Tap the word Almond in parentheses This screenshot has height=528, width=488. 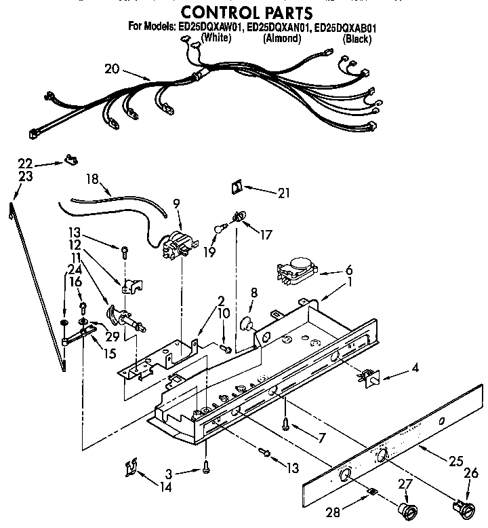coord(281,39)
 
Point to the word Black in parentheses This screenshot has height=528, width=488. coord(357,39)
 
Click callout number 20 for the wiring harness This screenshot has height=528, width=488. coord(113,68)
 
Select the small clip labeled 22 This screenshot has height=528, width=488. coord(69,160)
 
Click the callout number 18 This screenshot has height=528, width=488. coord(93,179)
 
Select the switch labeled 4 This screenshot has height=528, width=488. coord(369,375)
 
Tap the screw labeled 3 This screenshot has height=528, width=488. coord(205,466)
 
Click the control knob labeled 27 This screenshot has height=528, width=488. coord(408,509)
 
